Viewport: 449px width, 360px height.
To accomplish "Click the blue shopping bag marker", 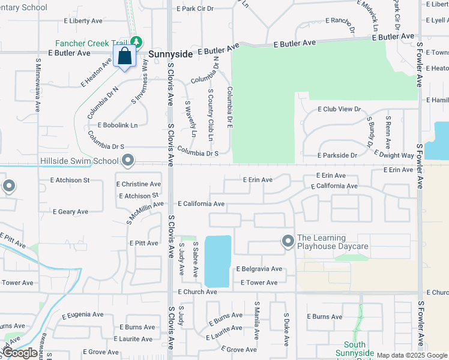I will pyautogui.click(x=125, y=57).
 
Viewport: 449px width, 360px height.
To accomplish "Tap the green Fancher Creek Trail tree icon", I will pyautogui.click(x=137, y=42).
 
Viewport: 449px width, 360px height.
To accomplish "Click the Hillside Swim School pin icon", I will pyautogui.click(x=128, y=160).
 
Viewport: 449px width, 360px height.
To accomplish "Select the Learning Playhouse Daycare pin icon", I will pyautogui.click(x=288, y=241).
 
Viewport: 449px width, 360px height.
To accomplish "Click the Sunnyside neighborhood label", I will pyautogui.click(x=170, y=54).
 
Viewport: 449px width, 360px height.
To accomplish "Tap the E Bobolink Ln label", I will pyautogui.click(x=116, y=125).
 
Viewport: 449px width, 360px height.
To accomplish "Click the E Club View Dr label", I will pyautogui.click(x=339, y=110).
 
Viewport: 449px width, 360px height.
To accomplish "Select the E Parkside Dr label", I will pyautogui.click(x=337, y=155).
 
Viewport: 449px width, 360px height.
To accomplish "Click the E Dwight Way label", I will pyautogui.click(x=394, y=155).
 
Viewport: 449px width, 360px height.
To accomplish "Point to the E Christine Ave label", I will pyautogui.click(x=139, y=184).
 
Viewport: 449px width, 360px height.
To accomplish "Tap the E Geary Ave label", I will pyautogui.click(x=70, y=212).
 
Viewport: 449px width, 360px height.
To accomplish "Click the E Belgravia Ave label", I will pyautogui.click(x=259, y=269).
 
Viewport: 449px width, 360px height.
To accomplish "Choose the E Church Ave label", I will pyautogui.click(x=197, y=292).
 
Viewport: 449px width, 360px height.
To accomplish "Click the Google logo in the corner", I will pyautogui.click(x=20, y=353).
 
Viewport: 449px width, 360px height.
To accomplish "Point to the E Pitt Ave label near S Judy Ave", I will pyautogui.click(x=144, y=244).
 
